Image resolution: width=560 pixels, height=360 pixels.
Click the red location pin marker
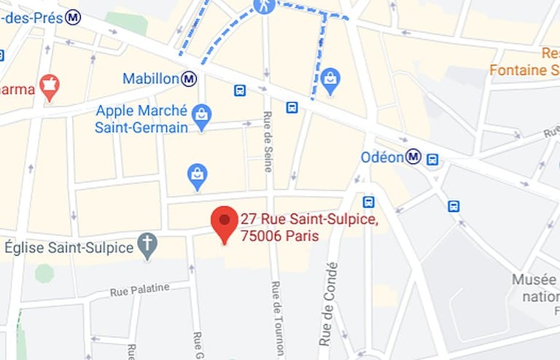coord(224,222)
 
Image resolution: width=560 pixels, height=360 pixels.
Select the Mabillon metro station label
coord(150,78)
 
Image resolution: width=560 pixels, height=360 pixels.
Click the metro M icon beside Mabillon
coord(190,78)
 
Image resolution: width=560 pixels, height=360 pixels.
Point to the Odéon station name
coord(382,157)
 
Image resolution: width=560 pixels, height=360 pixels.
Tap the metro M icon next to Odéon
coord(414,157)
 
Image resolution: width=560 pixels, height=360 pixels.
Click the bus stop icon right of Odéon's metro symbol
coord(432,159)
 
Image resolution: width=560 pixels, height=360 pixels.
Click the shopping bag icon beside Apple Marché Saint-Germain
coord(202,114)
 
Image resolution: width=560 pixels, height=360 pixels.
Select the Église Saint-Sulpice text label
coord(69,247)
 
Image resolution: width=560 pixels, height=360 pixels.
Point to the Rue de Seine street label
coord(268,142)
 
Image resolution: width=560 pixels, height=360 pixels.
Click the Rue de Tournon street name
coord(276,319)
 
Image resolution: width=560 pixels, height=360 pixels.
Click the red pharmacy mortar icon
coord(50,87)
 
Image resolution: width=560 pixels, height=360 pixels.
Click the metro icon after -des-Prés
coord(72,17)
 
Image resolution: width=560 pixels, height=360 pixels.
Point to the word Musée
coord(534,280)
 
